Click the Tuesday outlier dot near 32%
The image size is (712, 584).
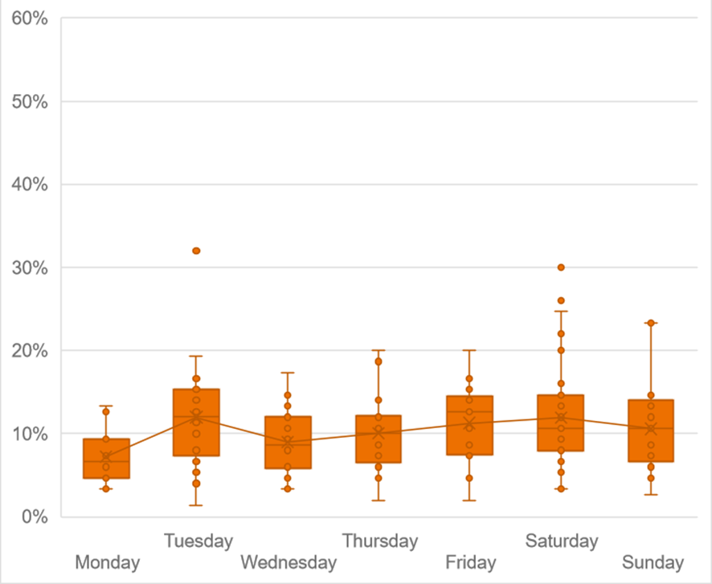[196, 251]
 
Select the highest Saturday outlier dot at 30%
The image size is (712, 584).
[561, 267]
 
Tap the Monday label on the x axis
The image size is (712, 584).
[107, 562]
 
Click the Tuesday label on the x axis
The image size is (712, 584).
[198, 541]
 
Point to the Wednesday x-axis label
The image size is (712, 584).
[288, 562]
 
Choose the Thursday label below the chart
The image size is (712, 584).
[380, 541]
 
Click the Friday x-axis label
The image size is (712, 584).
[470, 562]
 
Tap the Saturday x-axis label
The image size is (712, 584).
[562, 541]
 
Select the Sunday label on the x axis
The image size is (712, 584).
[653, 562]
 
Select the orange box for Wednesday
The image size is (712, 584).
[288, 458]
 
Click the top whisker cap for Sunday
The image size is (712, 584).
[652, 323]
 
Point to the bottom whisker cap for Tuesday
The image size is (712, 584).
[196, 505]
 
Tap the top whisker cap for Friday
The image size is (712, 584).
[470, 350]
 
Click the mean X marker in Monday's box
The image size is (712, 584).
[105, 456]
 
